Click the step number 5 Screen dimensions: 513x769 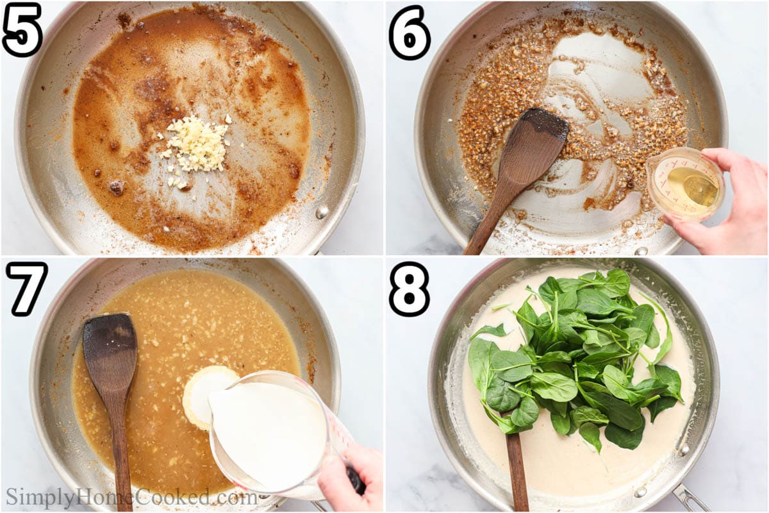22,29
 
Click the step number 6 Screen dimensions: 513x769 409,33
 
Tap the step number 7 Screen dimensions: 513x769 26,288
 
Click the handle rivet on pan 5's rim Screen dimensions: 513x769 322,212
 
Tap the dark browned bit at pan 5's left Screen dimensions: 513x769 116,187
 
